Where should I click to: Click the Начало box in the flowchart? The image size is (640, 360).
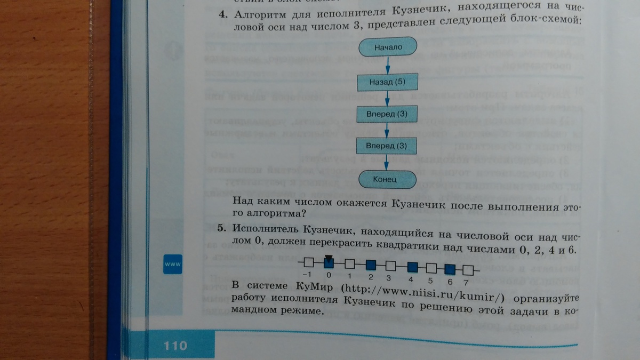point(388,47)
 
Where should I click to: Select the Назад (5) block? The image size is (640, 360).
point(388,82)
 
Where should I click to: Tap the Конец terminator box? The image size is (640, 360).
point(388,179)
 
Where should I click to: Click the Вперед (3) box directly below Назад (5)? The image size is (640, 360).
point(388,114)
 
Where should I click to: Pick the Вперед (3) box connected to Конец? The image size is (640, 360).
point(388,145)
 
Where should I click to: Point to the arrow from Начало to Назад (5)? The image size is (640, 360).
point(388,65)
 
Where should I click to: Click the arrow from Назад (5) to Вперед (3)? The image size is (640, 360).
point(388,98)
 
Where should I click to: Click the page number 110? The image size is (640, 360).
point(175,346)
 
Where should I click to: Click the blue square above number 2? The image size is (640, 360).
point(370,264)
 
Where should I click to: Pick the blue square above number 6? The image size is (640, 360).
point(450,268)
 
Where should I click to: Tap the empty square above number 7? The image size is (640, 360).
point(468,268)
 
